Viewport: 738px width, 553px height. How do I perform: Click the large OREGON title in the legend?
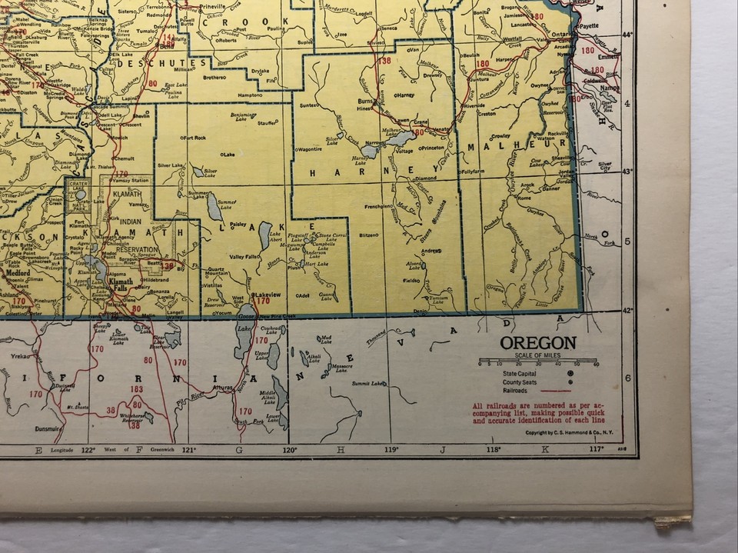(x=537, y=343)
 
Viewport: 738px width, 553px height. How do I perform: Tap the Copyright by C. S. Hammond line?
(x=570, y=432)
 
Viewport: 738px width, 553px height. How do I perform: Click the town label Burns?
(x=366, y=101)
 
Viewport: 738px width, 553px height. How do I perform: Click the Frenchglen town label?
(x=378, y=207)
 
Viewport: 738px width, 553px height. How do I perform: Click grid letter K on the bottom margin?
(x=546, y=449)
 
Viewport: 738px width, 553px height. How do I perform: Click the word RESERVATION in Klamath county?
(x=137, y=249)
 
